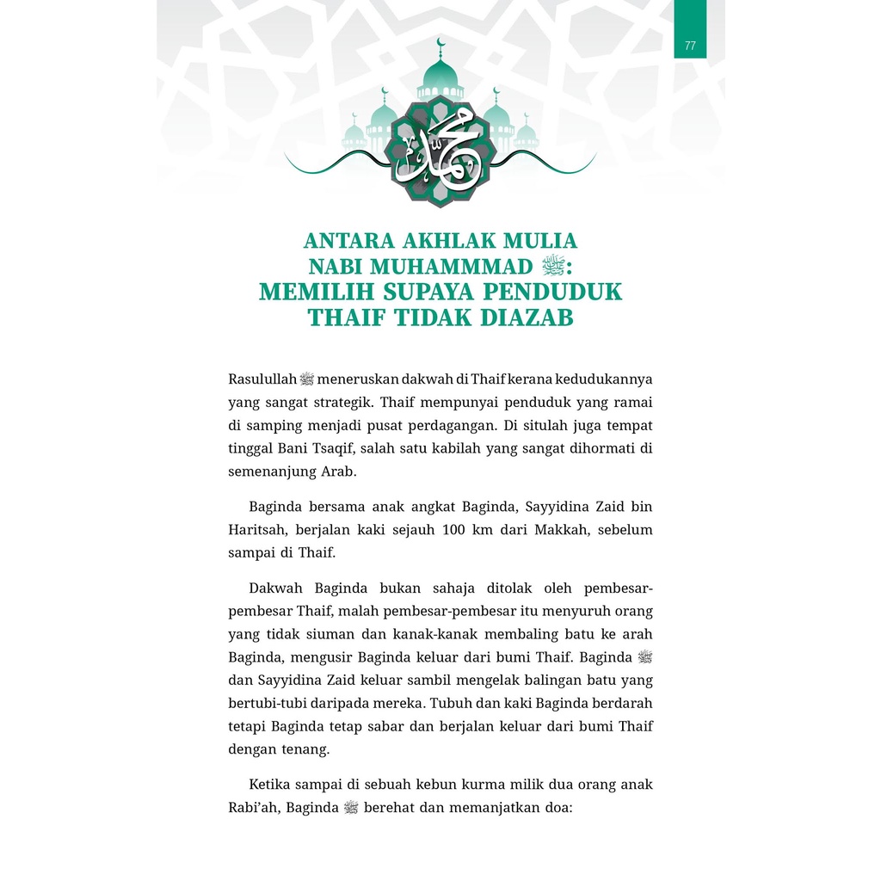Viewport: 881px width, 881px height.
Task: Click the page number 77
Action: (x=690, y=46)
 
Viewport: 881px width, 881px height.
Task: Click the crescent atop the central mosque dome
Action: (x=440, y=44)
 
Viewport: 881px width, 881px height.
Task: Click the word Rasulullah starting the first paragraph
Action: (x=262, y=379)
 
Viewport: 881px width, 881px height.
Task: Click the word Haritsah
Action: (x=256, y=531)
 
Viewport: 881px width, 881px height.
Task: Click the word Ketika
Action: (x=270, y=786)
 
